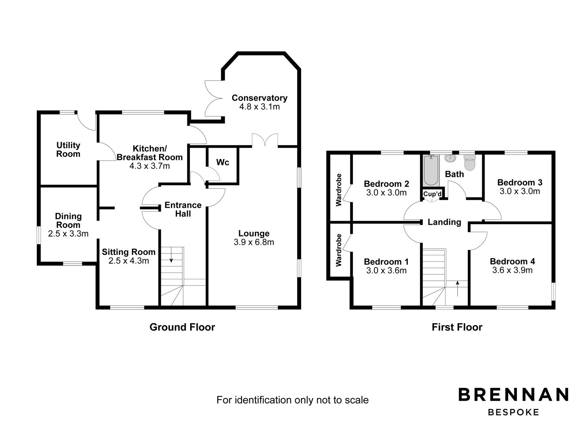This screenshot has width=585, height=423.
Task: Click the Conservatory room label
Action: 259,98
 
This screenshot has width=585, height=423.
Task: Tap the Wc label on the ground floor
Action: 223,162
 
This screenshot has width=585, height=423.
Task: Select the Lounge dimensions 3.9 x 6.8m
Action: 254,242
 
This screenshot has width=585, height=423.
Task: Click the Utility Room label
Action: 68,150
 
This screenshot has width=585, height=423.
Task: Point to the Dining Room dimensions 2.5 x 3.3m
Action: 68,234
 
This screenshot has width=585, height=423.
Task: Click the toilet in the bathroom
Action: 469,162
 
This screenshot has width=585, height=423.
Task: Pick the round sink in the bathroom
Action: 450,159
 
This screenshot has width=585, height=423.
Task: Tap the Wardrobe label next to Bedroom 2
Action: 339,190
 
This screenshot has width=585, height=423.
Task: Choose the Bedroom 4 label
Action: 512,261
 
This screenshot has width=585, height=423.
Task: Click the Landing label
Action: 444,222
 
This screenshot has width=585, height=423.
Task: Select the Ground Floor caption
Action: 182,327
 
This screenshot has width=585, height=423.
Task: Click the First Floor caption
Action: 457,327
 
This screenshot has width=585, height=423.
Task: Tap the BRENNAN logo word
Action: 514,394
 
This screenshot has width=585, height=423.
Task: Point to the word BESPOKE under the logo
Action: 514,412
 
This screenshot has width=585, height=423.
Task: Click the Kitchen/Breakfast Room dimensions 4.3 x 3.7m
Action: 149,166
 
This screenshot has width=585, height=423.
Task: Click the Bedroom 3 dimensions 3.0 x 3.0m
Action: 520,191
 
